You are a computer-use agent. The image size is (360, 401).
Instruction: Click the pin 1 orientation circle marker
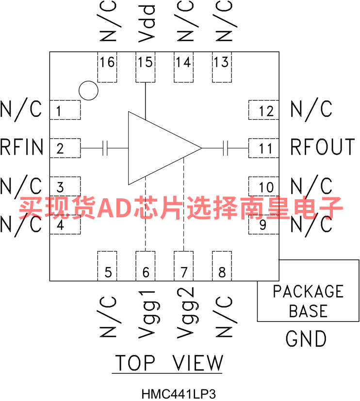88,90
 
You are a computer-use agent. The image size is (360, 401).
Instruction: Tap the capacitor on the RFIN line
105,148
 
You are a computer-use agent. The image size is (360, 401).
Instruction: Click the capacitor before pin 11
225,148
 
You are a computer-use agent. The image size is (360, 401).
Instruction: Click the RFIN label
22,147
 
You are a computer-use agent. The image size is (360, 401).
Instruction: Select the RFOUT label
322,147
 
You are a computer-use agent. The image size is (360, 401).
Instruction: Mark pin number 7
183,273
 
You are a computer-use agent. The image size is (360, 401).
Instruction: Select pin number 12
266,112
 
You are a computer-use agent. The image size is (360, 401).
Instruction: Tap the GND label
306,339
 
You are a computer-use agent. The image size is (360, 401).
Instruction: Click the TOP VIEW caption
168,363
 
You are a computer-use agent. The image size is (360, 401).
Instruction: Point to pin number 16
107,63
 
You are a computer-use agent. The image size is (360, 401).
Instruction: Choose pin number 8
222,273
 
